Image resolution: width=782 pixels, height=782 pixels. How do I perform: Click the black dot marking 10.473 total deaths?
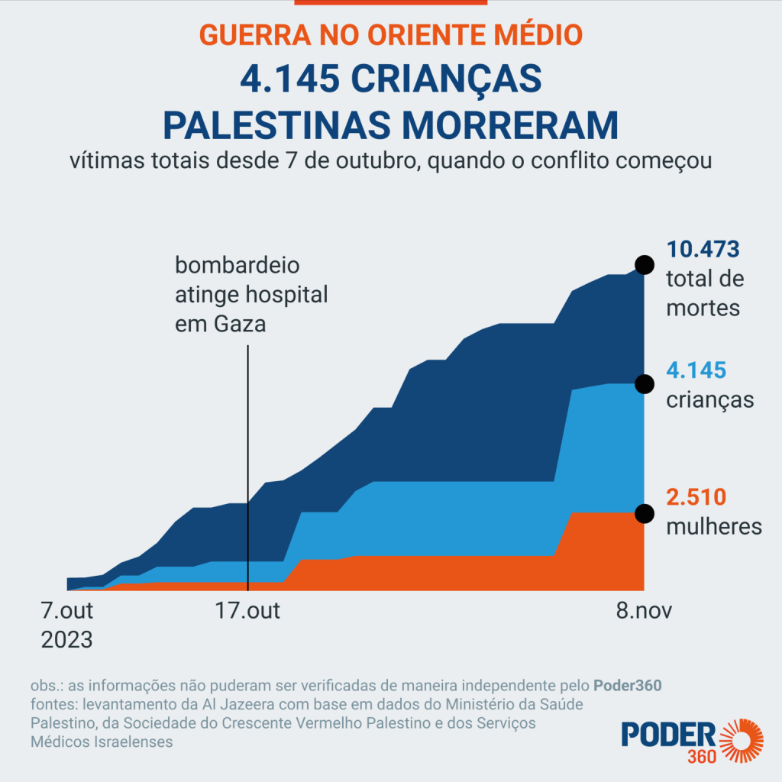point(645,265)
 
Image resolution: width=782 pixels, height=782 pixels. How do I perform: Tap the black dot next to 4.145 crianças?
point(645,383)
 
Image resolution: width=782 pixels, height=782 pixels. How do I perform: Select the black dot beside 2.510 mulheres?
point(645,512)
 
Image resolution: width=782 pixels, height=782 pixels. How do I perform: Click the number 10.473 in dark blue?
point(703,250)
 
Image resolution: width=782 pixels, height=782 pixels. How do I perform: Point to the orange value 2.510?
point(696,498)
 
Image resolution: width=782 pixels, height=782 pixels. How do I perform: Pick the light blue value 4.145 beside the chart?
point(696,371)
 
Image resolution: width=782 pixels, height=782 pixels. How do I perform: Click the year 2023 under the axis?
point(66,638)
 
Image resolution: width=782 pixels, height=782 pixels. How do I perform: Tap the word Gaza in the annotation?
point(241,323)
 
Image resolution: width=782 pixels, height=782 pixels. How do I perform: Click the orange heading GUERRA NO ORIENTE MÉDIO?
point(390,34)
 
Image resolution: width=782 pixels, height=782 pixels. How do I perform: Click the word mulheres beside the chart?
point(714,526)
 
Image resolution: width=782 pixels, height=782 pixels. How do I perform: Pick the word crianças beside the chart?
point(710,399)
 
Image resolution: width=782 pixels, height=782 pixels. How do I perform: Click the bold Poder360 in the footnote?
point(628,685)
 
